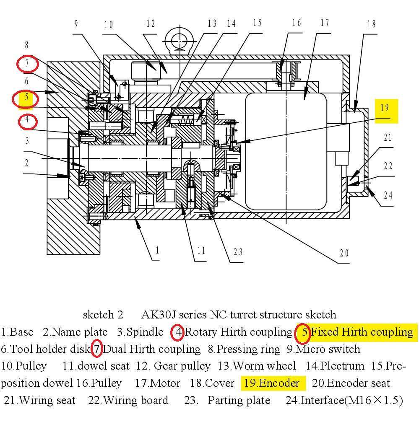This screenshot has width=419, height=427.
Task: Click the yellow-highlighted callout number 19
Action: tap(385, 108)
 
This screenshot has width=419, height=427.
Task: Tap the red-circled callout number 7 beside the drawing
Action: tap(27, 64)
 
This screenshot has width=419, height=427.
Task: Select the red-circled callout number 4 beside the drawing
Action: tap(27, 120)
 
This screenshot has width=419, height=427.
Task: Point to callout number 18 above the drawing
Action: tap(371, 24)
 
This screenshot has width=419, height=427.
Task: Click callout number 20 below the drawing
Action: tap(344, 253)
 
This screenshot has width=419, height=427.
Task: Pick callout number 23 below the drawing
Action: tap(238, 252)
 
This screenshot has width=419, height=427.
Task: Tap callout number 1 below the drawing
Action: tap(157, 251)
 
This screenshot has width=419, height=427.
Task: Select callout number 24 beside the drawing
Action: tap(388, 195)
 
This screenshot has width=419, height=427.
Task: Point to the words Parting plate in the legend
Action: tap(239, 400)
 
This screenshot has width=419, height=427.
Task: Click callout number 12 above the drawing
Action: tap(151, 24)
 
